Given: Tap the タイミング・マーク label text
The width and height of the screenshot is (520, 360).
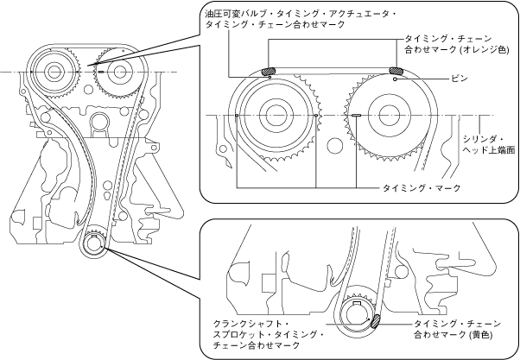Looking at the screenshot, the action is point(422,188).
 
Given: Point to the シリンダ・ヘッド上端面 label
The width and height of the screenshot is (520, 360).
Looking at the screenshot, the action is point(489,144).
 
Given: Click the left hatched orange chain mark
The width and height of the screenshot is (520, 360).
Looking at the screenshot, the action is point(269,71).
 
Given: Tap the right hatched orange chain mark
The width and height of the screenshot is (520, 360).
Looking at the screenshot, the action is point(396,70).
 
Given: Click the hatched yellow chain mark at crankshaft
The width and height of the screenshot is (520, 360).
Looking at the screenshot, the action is point(376,321).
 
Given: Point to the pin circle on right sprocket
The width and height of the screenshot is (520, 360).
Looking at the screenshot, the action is point(395,79).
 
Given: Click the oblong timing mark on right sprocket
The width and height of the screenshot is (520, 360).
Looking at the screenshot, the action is point(356,116).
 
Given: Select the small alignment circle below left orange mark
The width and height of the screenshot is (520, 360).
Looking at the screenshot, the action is point(270,77).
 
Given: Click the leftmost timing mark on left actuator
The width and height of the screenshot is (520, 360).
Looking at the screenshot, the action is point(237,116).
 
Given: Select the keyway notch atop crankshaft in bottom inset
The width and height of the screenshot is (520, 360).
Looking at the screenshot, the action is point(357,303).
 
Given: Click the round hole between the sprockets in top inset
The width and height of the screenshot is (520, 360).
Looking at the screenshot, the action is point(334,145).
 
